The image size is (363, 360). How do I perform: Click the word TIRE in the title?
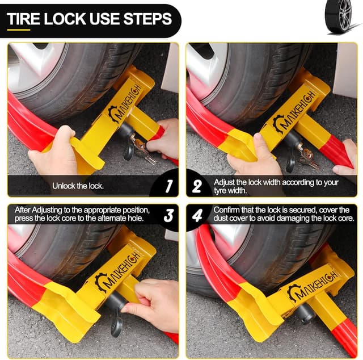(24, 19)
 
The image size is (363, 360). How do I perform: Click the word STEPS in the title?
(147, 19)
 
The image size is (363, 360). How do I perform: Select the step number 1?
(169, 186)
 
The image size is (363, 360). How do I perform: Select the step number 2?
(197, 186)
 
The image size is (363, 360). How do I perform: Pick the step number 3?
(168, 215)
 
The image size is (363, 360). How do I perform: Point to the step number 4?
(197, 215)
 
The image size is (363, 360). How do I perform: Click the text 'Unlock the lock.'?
(78, 186)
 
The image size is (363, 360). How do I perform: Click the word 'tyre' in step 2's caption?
(220, 191)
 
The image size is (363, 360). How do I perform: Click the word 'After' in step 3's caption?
(23, 210)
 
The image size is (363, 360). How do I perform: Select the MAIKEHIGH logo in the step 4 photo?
(312, 287)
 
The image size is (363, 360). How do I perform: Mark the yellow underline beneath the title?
(19, 30)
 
